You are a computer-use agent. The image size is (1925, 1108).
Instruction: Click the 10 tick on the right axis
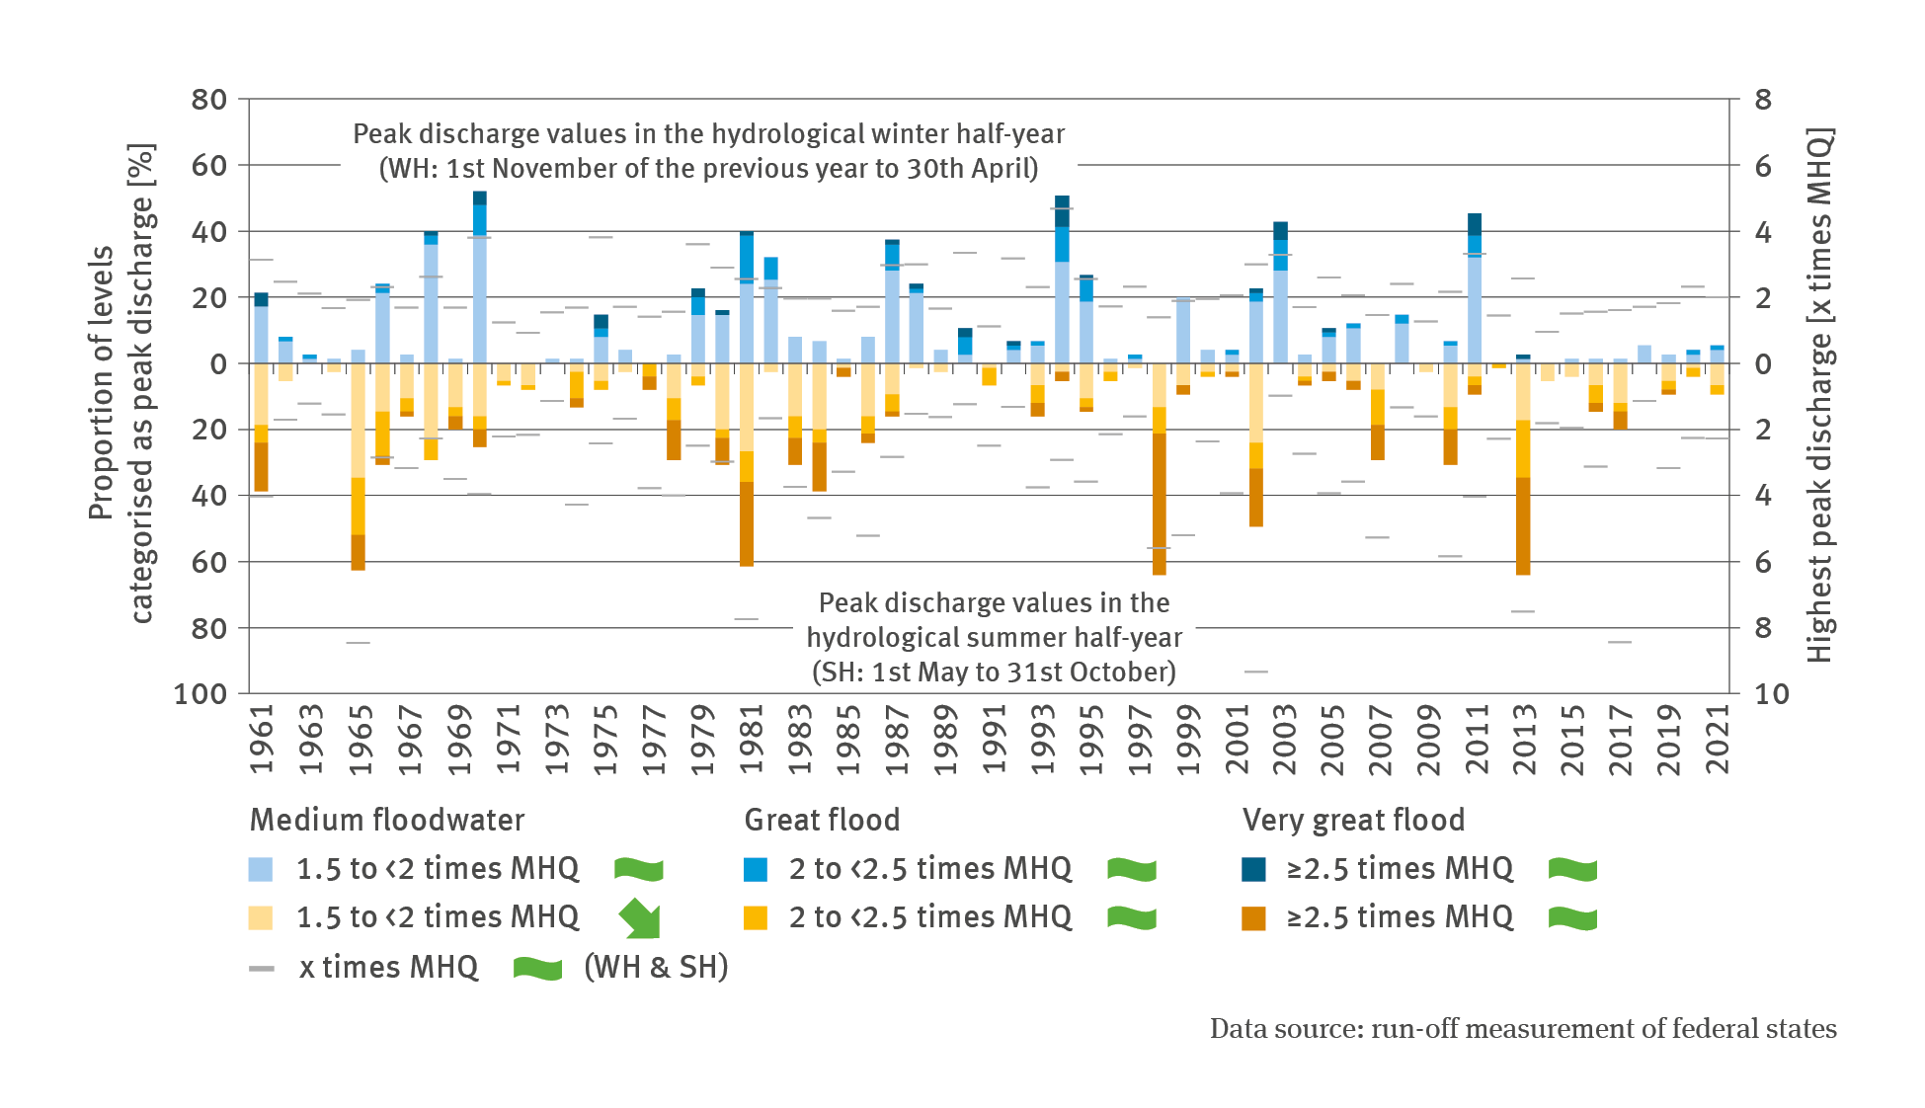(1771, 694)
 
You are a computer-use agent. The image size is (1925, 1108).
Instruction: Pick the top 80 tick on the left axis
(208, 100)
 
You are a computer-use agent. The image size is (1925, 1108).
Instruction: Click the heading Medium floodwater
(387, 820)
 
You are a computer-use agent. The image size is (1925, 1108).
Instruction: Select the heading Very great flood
(1353, 820)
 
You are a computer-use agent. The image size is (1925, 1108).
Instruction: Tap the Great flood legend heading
(822, 820)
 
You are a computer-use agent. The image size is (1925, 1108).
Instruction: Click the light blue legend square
(261, 869)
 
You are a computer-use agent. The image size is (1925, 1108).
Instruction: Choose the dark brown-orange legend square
(1253, 918)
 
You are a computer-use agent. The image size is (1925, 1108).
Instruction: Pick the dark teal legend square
(1253, 869)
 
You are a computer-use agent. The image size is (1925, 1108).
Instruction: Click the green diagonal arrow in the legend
(640, 918)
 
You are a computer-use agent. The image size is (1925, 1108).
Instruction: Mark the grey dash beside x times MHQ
(262, 969)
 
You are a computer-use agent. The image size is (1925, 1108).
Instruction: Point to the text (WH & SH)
(656, 967)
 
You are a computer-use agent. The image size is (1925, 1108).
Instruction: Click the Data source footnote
(1522, 1029)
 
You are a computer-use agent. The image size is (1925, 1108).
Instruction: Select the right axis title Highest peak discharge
(1819, 395)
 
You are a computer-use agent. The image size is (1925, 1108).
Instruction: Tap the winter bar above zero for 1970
(480, 286)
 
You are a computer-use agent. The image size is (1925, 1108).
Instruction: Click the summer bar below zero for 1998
(1159, 474)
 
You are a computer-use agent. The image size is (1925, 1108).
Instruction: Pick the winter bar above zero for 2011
(1475, 296)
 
